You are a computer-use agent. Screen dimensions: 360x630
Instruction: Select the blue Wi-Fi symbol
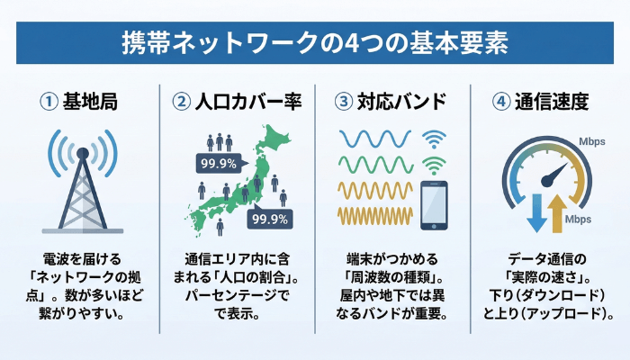point(434,139)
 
